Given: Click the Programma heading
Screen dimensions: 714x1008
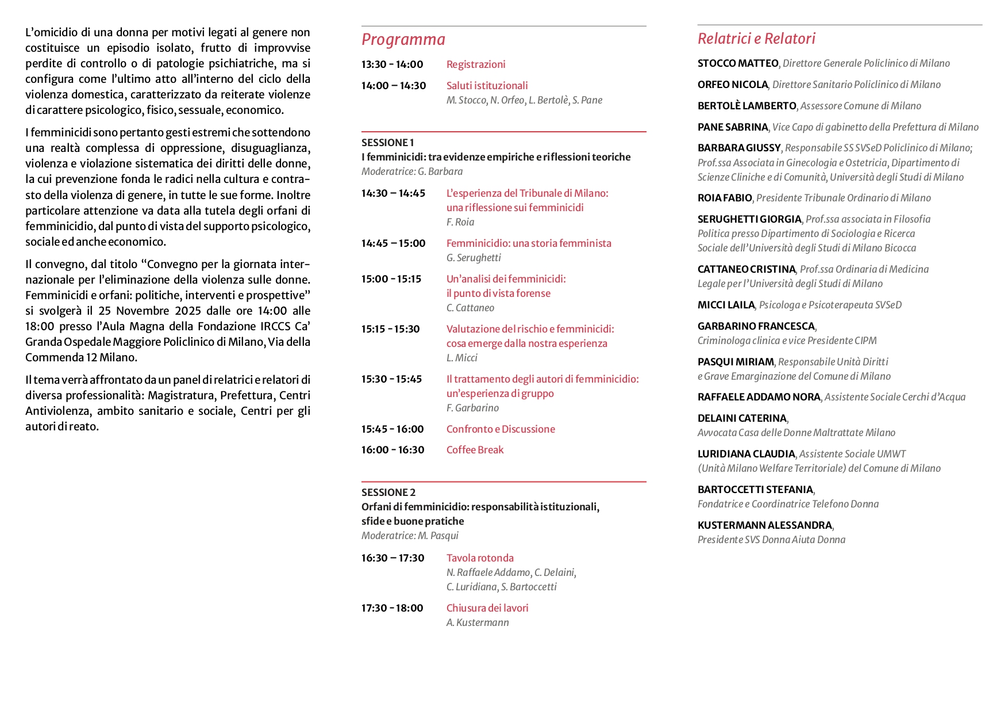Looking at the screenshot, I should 403,39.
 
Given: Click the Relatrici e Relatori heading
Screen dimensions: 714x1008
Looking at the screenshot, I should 756,39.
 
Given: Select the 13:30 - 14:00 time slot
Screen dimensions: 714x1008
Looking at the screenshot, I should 392,64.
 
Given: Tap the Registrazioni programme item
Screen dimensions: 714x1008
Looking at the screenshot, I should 476,64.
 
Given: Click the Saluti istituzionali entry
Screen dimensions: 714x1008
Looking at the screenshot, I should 487,86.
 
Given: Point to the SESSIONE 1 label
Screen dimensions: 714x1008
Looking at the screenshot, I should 387,143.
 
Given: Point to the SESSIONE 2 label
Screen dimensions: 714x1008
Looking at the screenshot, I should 388,492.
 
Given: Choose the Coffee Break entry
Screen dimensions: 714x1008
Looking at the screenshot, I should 475,450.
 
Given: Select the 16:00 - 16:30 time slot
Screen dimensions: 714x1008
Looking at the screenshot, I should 393,450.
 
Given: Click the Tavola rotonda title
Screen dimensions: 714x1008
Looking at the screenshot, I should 480,558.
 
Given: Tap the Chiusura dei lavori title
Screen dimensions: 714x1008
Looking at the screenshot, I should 487,608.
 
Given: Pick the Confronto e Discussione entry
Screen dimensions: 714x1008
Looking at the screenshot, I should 501,429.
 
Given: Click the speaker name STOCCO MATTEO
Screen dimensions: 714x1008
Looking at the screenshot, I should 738,63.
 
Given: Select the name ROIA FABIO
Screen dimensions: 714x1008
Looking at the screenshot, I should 725,198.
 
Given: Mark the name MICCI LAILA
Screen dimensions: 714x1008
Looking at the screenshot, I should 726,305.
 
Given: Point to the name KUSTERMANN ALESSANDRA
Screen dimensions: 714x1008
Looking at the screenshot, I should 764,525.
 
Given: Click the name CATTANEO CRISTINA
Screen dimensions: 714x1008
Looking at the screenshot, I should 746,269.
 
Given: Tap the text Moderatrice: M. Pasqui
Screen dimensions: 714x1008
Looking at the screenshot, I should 410,536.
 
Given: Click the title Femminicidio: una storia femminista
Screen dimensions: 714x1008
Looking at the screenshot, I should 529,243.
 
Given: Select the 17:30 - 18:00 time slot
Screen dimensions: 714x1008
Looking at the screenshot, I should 392,608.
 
